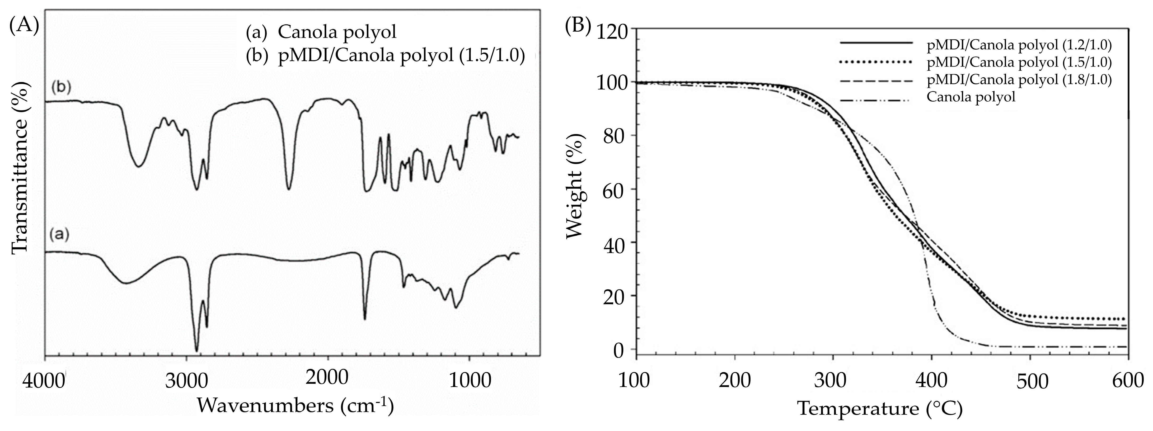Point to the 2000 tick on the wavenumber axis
coord(327,378)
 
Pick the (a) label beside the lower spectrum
coord(59,235)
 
